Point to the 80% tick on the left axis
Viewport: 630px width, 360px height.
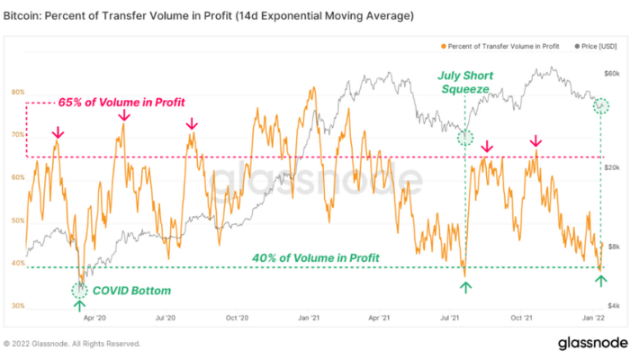17,92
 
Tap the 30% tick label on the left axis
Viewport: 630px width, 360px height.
17,306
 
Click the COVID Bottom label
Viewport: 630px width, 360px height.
130,291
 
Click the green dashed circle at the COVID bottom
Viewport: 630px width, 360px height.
80,289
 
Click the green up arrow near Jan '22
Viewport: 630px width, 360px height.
600,281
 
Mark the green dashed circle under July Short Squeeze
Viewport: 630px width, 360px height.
465,138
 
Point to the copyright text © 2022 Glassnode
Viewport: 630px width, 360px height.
73,344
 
